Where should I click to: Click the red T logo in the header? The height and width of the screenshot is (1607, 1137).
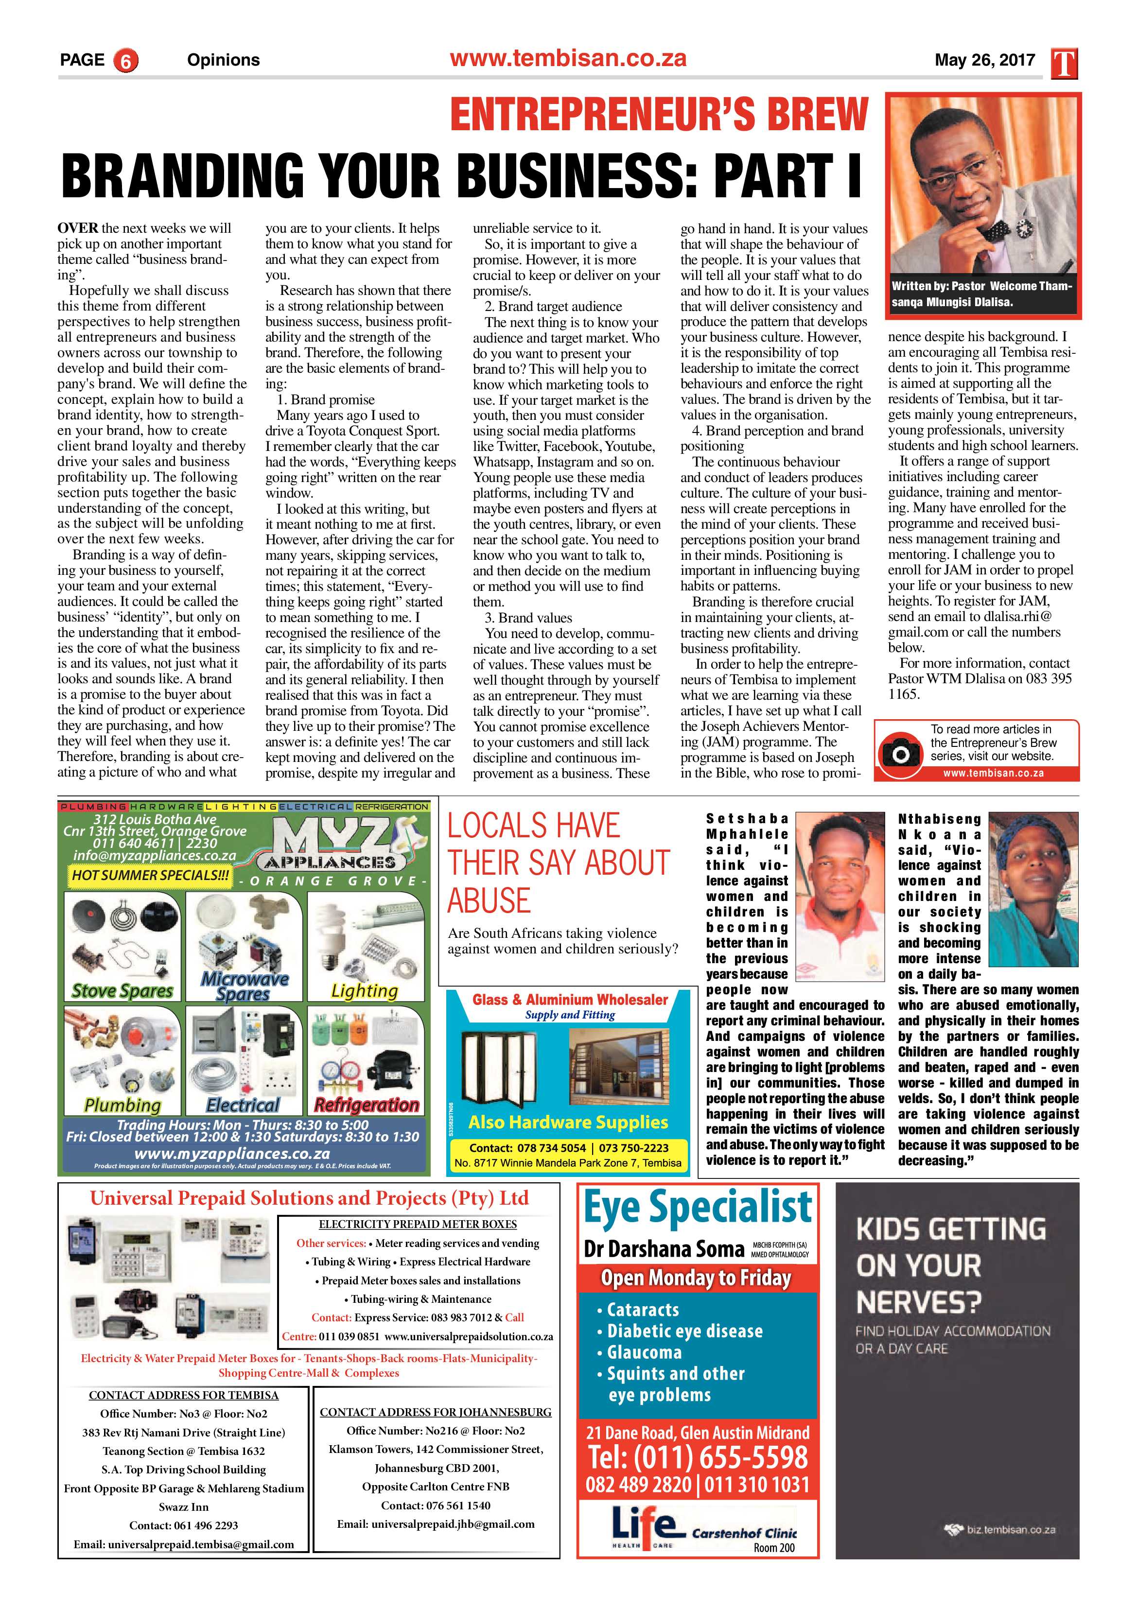(1064, 64)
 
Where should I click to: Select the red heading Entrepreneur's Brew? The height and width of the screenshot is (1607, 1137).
(658, 115)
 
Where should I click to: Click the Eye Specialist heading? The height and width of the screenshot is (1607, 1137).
(698, 1208)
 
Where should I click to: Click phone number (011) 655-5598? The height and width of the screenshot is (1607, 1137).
(698, 1457)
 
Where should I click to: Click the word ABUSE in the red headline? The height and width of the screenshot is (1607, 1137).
(490, 901)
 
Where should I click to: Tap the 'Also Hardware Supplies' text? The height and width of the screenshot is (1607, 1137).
(569, 1122)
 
